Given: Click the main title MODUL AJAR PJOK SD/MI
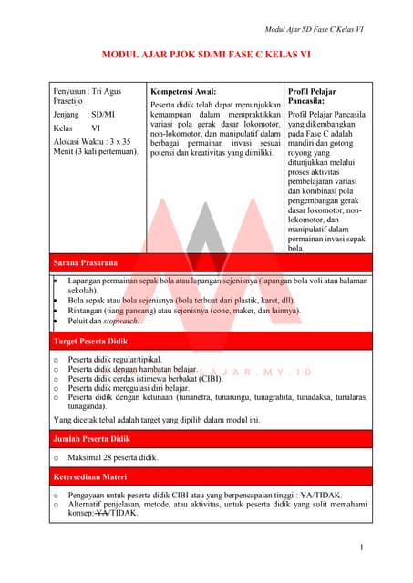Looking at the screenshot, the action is pyautogui.click(x=206, y=56).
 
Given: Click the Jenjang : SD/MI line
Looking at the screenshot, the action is pyautogui.click(x=84, y=115).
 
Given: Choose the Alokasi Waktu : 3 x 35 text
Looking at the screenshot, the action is pyautogui.click(x=92, y=141).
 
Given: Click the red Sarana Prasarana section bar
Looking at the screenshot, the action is pyautogui.click(x=206, y=263).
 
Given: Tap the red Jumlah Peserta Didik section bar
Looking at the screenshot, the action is pyautogui.click(x=206, y=439).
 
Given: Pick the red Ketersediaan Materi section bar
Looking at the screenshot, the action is pyautogui.click(x=206, y=475).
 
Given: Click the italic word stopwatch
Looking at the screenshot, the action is pyautogui.click(x=120, y=321).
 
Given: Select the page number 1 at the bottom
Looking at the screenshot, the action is pyautogui.click(x=362, y=547).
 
